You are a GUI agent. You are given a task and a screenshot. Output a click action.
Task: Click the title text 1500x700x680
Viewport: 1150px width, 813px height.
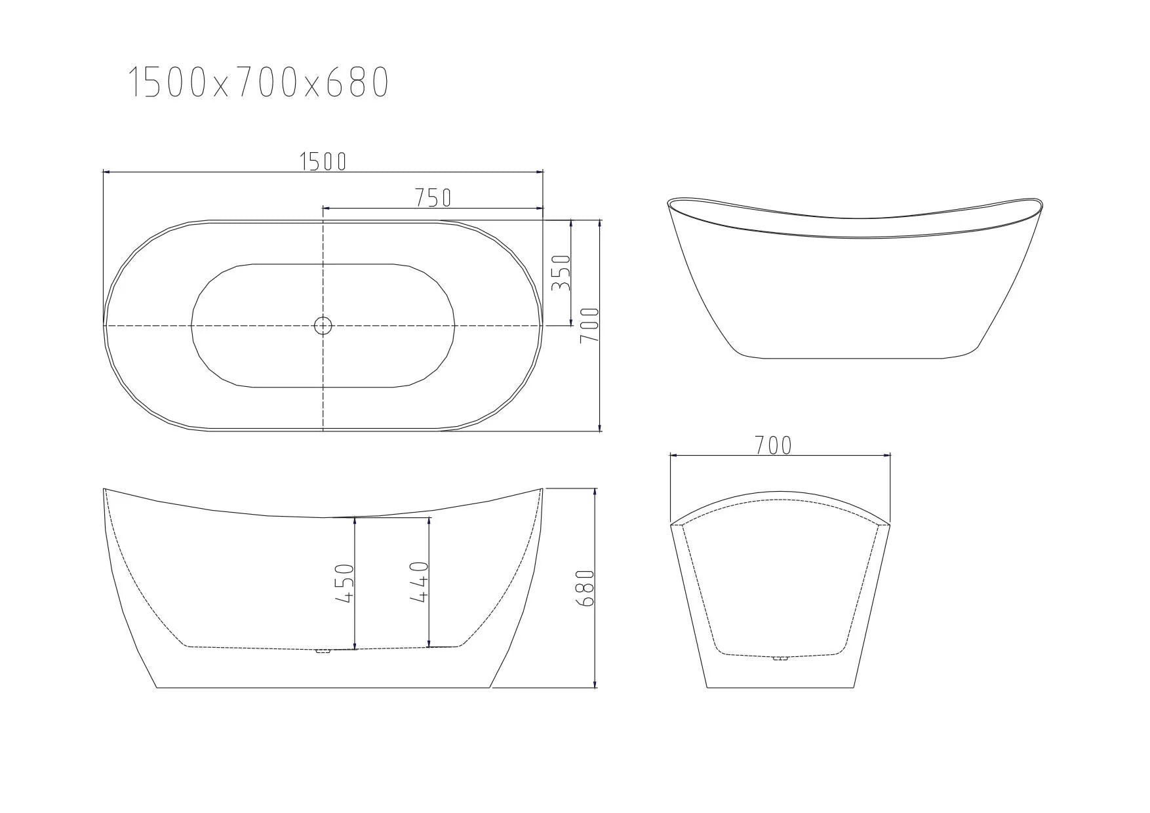coord(258,83)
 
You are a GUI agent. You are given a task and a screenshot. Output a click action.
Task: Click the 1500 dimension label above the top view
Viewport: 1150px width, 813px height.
coord(323,161)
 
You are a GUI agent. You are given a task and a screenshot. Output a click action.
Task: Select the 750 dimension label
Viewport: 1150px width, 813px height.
coord(433,197)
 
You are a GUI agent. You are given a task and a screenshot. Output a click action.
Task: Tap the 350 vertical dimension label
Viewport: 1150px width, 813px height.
coord(562,273)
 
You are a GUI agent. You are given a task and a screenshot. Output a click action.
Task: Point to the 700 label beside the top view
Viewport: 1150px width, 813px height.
coord(590,325)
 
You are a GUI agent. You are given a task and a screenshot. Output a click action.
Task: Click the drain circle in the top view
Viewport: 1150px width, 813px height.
coord(323,325)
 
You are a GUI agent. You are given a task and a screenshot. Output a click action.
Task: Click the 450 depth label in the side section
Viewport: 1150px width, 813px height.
coord(345,583)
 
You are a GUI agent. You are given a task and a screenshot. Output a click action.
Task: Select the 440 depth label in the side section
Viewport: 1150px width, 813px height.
coord(420,582)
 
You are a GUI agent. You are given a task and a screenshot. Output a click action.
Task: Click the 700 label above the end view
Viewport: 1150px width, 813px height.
coord(773,446)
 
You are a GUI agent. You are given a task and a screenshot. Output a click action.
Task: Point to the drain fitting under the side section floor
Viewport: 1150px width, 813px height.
coord(322,651)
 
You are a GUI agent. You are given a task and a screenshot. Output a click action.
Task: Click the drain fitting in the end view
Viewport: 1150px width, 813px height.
coord(780,658)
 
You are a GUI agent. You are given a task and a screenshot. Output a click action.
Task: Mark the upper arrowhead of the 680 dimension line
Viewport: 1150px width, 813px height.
coord(594,490)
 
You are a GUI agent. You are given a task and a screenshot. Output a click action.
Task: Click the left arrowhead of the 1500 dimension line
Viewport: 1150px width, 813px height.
coord(106,172)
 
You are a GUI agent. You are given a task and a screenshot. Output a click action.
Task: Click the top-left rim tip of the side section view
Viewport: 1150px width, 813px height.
coord(105,489)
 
